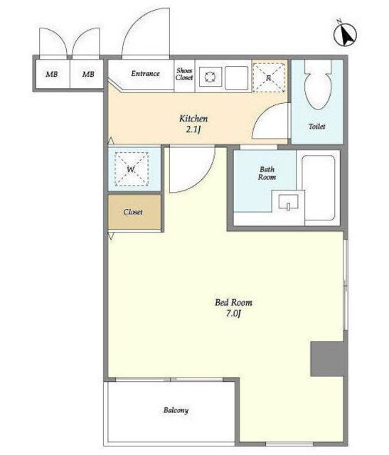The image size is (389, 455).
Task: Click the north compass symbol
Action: pos(345,34)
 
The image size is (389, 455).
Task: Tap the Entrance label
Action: pos(145,74)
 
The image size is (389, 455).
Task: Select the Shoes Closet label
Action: pos(184,74)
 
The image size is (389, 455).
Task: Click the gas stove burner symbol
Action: pos(210,77)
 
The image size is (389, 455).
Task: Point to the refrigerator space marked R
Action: pos(269,77)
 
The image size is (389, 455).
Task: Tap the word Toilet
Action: pos(316,127)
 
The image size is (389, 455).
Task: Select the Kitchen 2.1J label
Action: pos(193,124)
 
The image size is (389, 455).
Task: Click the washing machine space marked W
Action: pos(132,169)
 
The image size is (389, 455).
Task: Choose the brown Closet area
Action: pos(134,212)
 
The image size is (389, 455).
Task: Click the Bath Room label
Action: pos(267,173)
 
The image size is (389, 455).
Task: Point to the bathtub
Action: pos(319,188)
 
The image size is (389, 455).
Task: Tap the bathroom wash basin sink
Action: pos(288,202)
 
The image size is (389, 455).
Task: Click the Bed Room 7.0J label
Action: pos(233,308)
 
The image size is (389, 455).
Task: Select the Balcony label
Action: pos(176,410)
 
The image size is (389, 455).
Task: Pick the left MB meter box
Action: pos(52,74)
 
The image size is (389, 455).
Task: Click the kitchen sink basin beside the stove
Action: pos(237,77)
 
